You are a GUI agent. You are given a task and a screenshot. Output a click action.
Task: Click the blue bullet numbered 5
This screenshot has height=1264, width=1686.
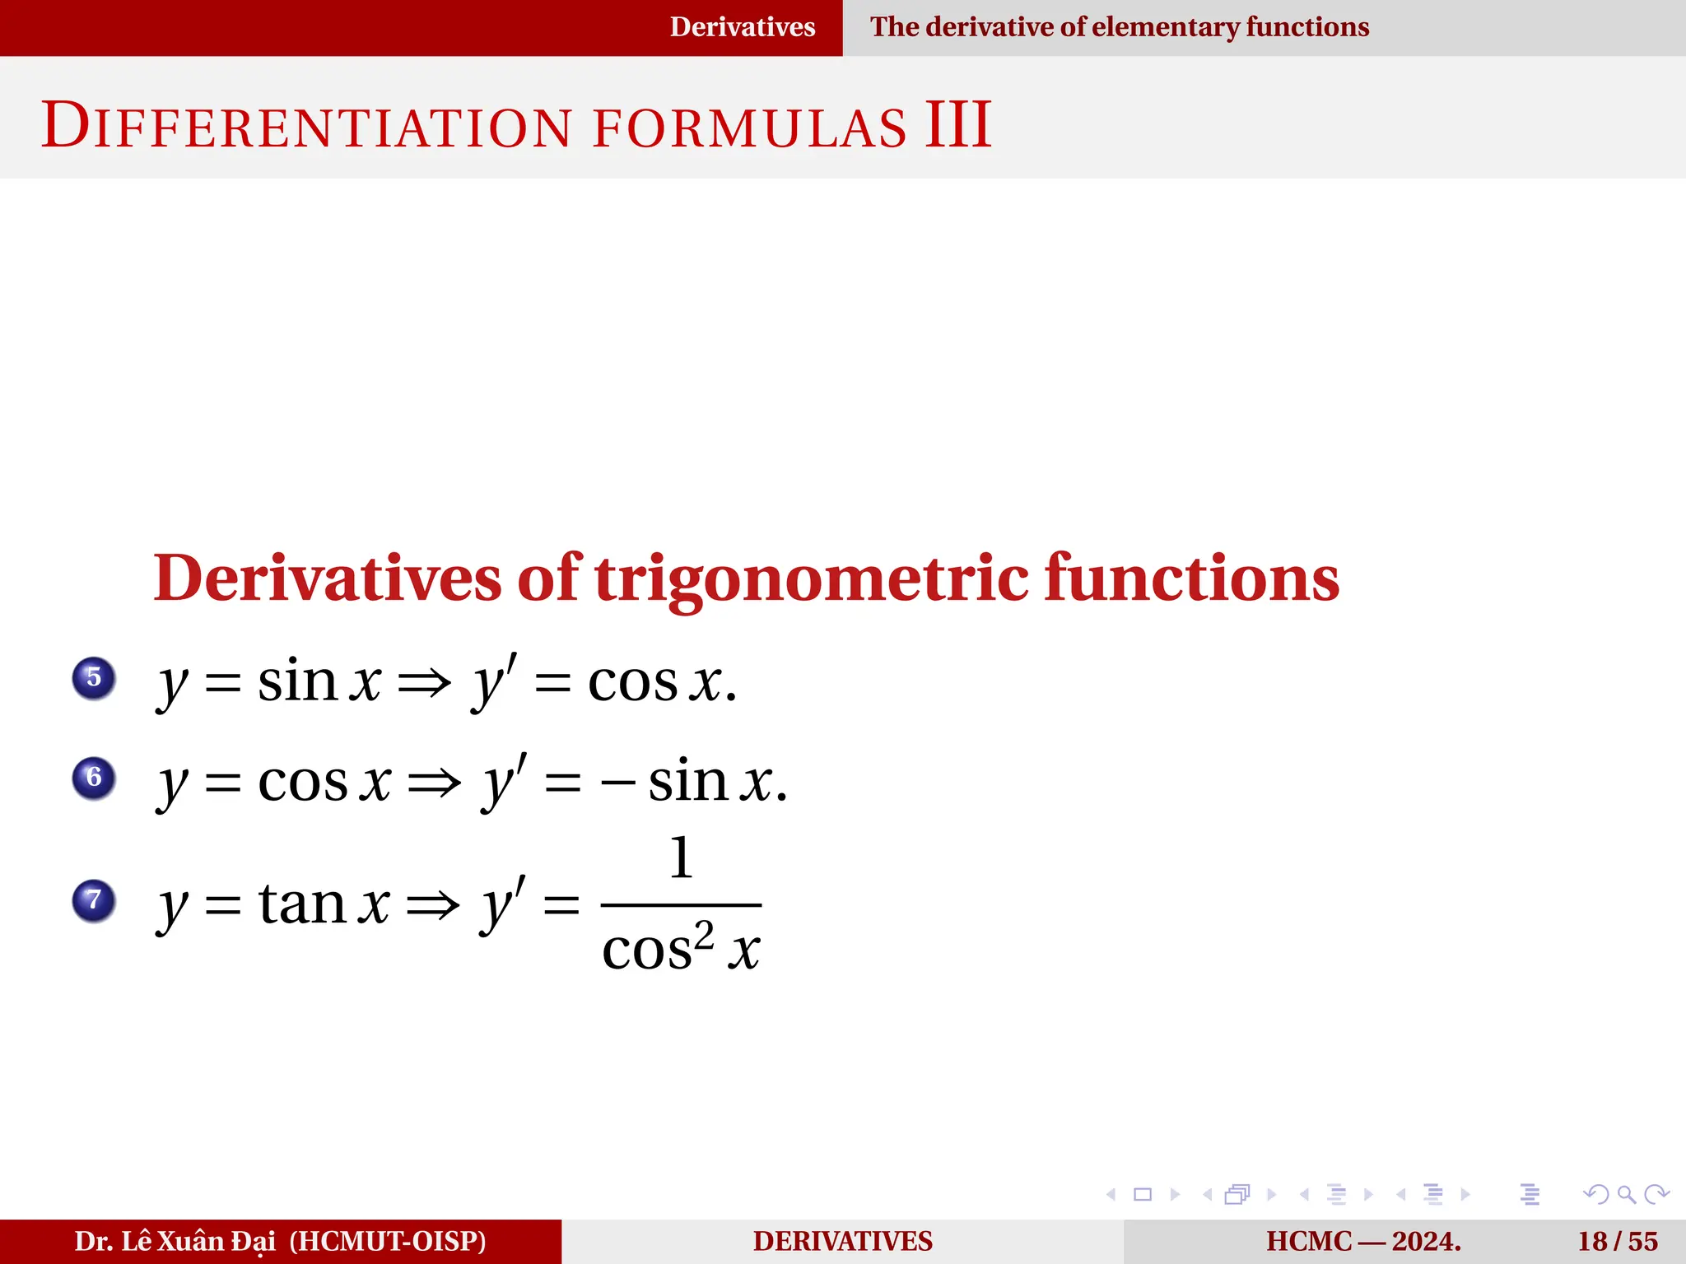94,678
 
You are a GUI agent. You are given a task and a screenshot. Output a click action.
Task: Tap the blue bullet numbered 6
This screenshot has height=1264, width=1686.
94,778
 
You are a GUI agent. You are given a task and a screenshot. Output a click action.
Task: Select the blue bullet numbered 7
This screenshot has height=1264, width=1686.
94,900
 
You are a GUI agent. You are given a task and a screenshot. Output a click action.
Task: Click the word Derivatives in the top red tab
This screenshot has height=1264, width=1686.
742,27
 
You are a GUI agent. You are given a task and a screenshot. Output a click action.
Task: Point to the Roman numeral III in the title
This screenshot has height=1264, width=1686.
957,125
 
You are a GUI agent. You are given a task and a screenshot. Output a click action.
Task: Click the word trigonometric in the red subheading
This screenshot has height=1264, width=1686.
811,579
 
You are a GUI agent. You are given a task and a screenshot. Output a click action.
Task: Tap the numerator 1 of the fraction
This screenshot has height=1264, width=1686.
681,858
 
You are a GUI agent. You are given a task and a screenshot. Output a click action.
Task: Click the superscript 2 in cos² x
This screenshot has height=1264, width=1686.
704,935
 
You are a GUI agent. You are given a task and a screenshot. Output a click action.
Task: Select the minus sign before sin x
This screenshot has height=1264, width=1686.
617,783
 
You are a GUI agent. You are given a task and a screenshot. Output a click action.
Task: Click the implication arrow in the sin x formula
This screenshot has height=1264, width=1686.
425,683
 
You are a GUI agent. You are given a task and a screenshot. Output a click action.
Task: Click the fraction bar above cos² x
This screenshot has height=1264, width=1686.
681,904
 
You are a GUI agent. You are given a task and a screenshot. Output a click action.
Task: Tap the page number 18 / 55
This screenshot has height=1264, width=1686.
1617,1241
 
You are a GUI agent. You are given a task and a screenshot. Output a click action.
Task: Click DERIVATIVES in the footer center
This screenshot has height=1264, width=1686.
842,1241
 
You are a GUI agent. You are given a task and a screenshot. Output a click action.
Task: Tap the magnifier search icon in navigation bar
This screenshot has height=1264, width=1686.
1626,1194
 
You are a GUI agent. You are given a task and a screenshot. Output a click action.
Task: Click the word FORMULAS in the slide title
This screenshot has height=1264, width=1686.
749,128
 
